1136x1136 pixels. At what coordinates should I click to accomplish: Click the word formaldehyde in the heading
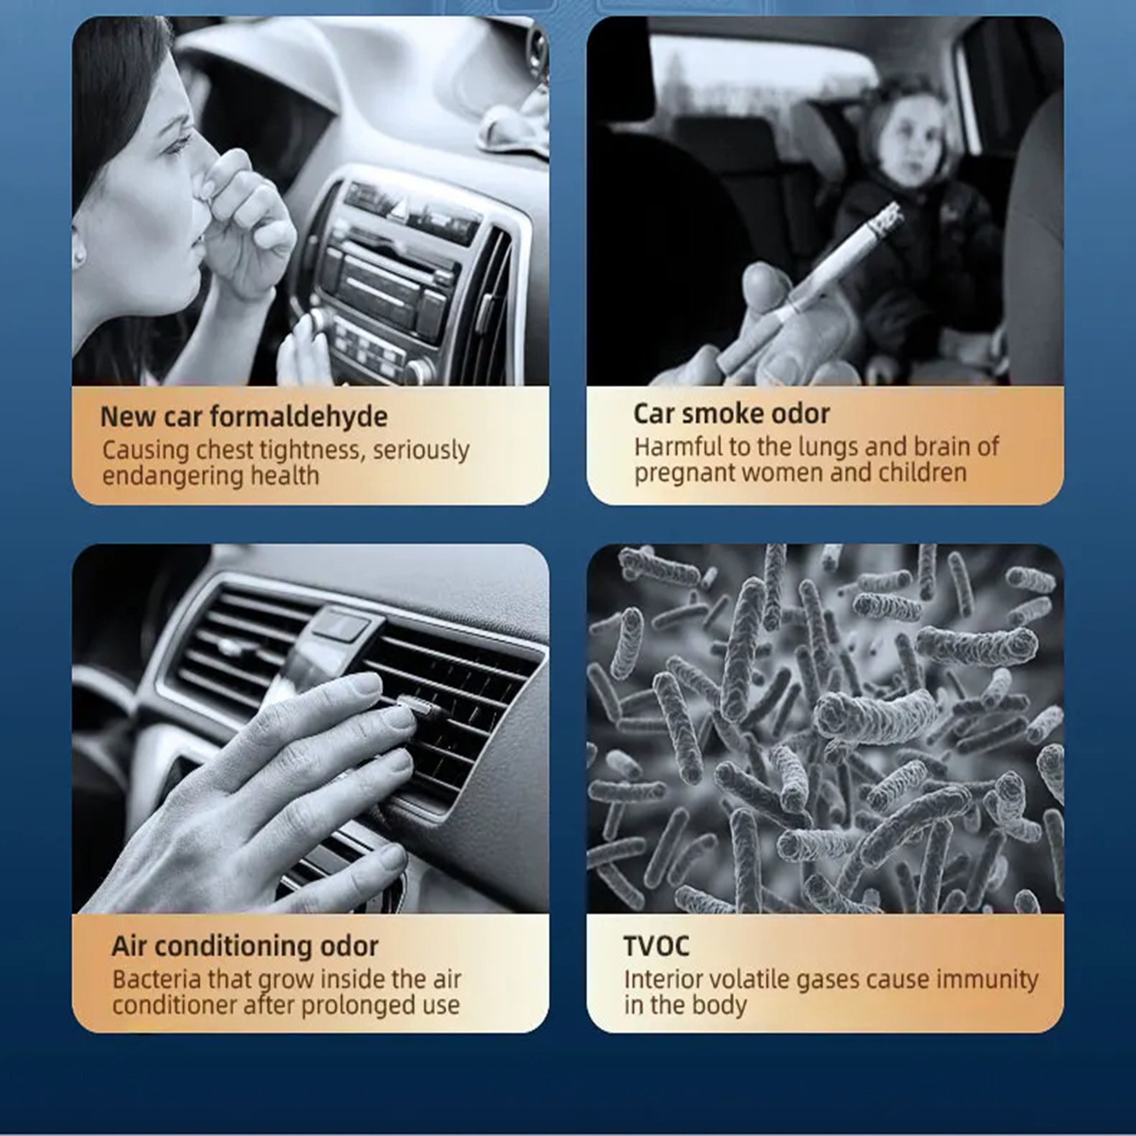pos(299,417)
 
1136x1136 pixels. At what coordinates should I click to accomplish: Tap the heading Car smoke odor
pos(731,414)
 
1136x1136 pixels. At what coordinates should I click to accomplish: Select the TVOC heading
pos(656,946)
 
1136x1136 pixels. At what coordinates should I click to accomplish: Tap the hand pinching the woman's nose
pos(243,227)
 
